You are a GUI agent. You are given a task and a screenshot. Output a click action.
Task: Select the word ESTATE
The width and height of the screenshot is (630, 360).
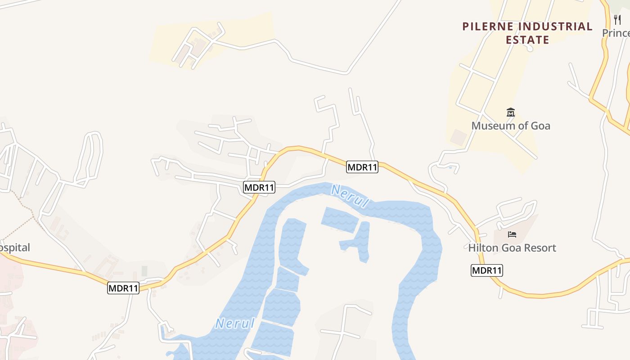(527, 40)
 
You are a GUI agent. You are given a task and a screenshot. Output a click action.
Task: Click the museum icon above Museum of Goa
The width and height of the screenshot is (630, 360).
(510, 112)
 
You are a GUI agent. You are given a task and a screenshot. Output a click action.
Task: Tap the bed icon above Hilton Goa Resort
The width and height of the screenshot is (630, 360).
(512, 234)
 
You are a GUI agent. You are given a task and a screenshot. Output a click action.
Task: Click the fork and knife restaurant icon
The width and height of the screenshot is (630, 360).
(617, 20)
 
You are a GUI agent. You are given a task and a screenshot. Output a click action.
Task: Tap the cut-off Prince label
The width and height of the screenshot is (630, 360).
(616, 33)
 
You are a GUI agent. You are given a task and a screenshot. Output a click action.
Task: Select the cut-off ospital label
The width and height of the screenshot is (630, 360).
(15, 247)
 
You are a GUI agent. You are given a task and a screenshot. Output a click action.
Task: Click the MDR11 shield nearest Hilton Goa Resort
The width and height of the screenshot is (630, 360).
(486, 270)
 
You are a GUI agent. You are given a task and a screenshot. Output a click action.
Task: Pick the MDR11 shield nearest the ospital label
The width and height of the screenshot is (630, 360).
(123, 288)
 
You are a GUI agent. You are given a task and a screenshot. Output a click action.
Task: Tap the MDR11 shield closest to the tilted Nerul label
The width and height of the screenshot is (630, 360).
(362, 167)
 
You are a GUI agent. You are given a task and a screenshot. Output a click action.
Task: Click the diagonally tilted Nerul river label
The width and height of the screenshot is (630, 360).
(350, 196)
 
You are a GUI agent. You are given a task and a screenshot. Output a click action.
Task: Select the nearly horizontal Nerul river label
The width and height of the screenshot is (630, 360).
(235, 323)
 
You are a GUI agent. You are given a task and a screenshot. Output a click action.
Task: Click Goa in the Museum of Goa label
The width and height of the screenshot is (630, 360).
(540, 126)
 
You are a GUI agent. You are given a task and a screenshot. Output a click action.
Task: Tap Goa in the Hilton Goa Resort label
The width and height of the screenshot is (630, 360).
(513, 248)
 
